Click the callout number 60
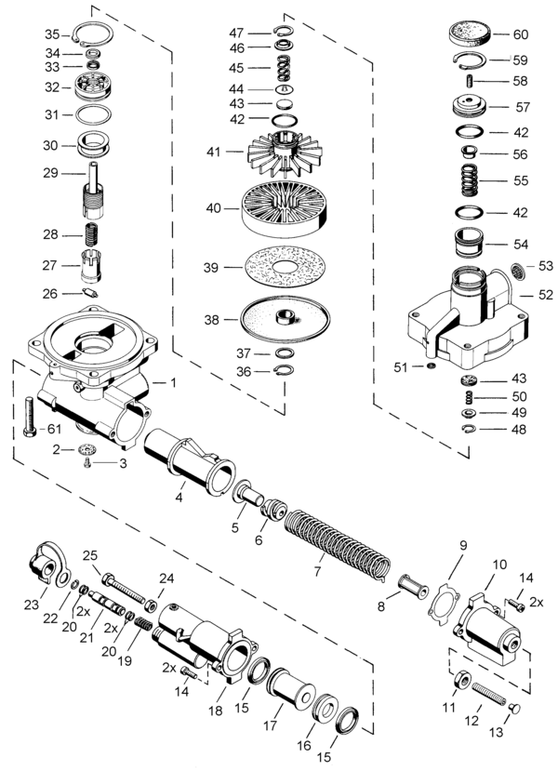(520, 35)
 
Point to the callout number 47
(236, 33)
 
